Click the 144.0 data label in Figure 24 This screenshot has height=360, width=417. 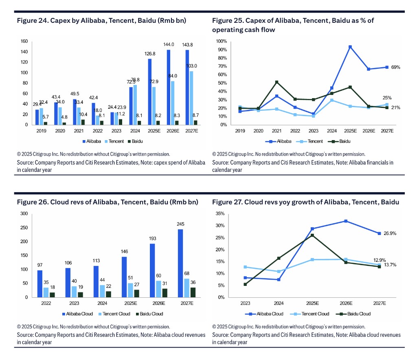(x=169, y=44)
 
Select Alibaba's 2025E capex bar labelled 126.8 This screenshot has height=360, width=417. (x=149, y=92)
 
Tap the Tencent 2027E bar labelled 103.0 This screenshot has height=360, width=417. (x=191, y=98)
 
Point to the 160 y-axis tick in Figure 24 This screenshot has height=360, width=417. (x=24, y=41)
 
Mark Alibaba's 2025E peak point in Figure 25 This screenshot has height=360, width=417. (x=350, y=47)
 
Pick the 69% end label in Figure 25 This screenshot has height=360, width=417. (x=396, y=67)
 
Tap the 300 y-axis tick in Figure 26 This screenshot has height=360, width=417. (x=24, y=214)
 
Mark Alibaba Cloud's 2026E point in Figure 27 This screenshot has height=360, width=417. (x=346, y=221)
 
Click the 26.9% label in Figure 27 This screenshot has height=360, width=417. (x=390, y=233)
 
